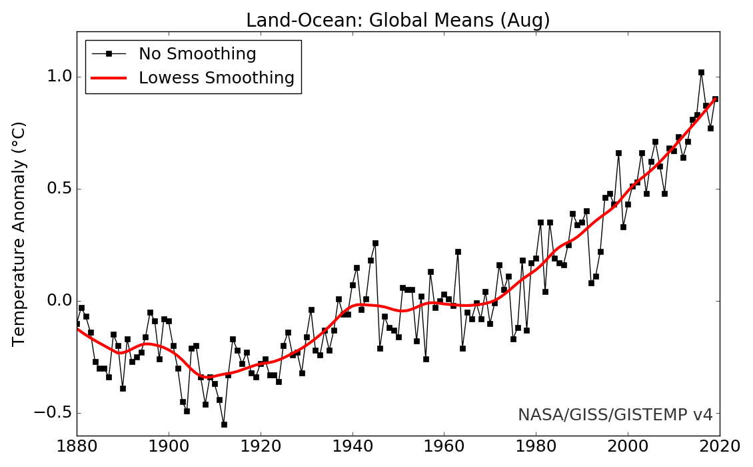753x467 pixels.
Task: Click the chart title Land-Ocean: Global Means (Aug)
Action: [398, 21]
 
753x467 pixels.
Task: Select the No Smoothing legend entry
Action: [197, 54]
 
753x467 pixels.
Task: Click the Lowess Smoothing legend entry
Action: [216, 78]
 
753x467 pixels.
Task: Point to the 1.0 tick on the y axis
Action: [58, 77]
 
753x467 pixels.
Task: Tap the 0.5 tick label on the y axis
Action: [58, 189]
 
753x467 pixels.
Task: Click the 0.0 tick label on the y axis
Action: [58, 301]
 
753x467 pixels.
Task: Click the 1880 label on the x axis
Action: [77, 446]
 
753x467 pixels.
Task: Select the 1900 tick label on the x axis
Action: [169, 446]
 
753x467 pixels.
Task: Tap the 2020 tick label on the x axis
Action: [720, 446]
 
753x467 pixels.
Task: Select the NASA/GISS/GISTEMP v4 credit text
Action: [615, 415]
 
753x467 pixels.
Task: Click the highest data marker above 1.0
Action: [701, 72]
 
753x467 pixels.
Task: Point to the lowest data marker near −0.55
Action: [224, 424]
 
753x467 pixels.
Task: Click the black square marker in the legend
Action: [109, 54]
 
